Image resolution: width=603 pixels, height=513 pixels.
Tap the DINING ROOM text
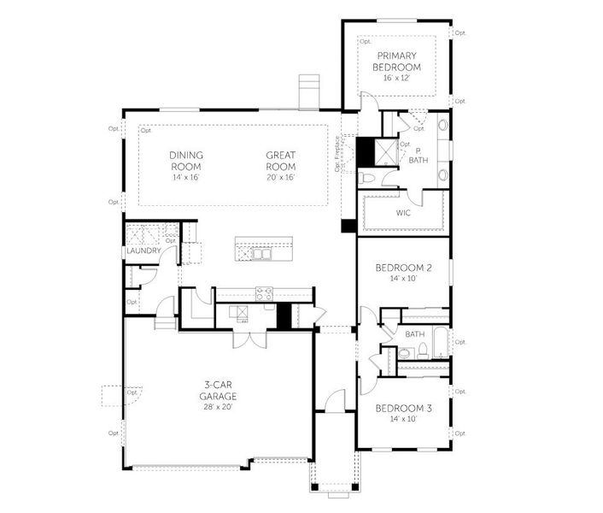click(x=186, y=161)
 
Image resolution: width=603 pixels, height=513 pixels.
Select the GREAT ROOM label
click(x=280, y=161)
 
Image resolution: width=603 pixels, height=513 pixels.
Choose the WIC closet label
click(x=403, y=213)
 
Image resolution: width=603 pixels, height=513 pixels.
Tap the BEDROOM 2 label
click(x=404, y=268)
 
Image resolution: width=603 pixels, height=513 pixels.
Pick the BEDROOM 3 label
click(x=404, y=409)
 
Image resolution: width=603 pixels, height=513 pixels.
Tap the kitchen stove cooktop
click(x=262, y=291)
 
